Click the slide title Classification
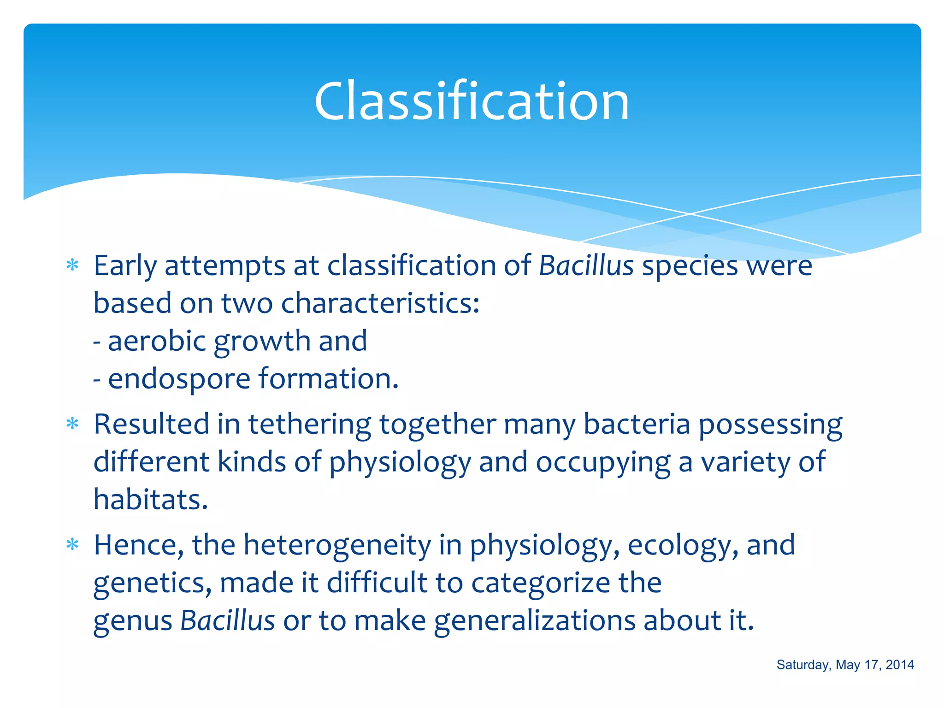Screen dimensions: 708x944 [472, 101]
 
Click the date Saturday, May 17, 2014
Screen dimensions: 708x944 [845, 665]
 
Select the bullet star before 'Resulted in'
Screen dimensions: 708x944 [72, 423]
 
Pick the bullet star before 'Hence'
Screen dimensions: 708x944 [72, 545]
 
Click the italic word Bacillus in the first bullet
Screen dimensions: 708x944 [586, 266]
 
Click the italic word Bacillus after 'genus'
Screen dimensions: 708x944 [227, 620]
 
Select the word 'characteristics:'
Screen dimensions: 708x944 [380, 304]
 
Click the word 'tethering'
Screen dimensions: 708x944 [309, 424]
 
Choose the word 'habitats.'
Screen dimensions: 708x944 [151, 500]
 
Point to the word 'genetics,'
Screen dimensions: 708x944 [153, 584]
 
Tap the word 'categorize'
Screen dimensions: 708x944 [540, 584]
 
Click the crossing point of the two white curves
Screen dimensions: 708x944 [690, 214]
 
